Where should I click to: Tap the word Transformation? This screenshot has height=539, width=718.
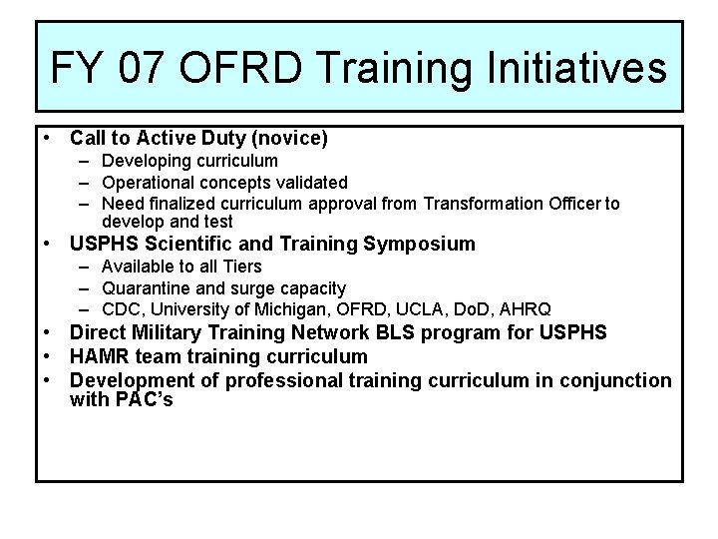point(484,204)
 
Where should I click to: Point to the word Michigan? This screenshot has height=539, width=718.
point(268,310)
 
